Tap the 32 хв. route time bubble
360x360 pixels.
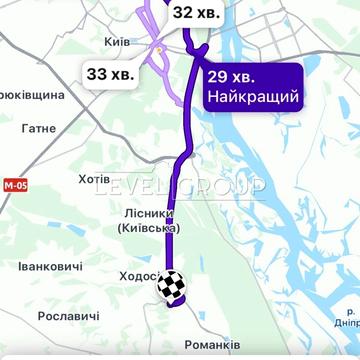tap(196, 14)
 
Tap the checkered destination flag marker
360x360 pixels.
tap(171, 286)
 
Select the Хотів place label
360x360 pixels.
tap(96, 179)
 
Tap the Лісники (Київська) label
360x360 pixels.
tap(147, 221)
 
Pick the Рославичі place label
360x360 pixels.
tap(68, 316)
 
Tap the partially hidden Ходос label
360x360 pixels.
tap(139, 275)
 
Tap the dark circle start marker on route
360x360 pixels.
tap(199, 47)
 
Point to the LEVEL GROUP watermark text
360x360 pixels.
tap(180, 187)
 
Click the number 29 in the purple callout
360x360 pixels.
tap(219, 77)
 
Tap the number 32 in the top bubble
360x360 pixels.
tap(183, 14)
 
